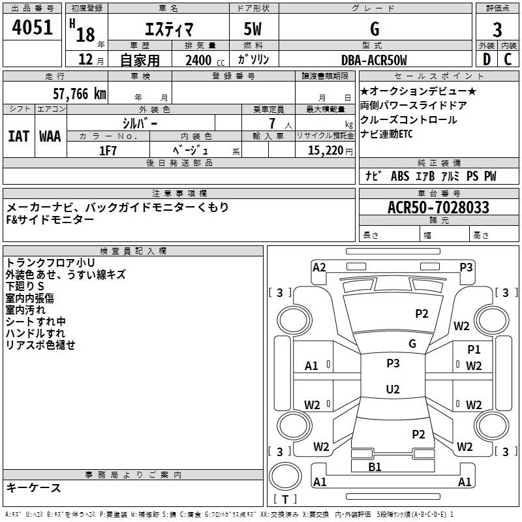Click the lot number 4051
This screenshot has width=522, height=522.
[x=33, y=30]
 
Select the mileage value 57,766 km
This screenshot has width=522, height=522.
[x=79, y=94]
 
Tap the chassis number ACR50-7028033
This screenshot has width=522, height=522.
[x=438, y=207]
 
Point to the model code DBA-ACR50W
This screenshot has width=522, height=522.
[x=374, y=60]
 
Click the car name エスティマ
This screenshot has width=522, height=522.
[x=167, y=30]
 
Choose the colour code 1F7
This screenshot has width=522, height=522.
[x=108, y=150]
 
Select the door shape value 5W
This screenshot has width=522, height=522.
[x=253, y=30]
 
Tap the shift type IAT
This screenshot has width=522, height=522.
[x=18, y=136]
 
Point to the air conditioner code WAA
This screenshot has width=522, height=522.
[x=50, y=136]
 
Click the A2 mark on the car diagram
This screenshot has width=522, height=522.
[x=319, y=267]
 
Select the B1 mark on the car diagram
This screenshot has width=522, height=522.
[x=375, y=467]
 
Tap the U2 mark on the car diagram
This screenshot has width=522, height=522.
[x=393, y=389]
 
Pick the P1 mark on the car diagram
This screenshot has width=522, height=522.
[x=474, y=350]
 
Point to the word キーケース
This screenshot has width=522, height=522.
[x=34, y=487]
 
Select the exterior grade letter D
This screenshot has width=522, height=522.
[x=486, y=60]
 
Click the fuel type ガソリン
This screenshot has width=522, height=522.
[x=254, y=60]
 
